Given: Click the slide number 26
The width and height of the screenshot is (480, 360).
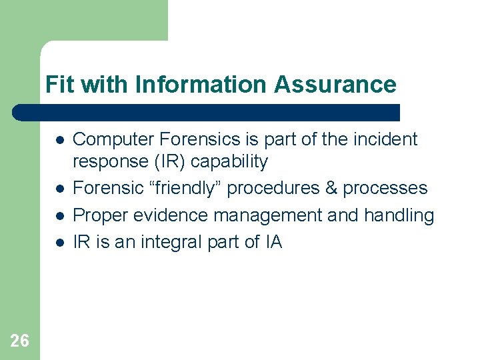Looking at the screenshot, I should [20, 341].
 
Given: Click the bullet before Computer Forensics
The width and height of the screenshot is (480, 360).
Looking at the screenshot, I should [59, 141].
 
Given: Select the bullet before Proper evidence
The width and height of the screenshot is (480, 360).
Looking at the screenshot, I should [59, 217].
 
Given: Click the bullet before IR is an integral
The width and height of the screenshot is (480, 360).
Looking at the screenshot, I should [59, 243].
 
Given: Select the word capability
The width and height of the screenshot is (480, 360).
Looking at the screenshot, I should [229, 162].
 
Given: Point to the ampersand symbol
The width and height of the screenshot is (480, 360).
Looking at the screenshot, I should [331, 189].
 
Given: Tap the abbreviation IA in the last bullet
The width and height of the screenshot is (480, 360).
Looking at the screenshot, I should [273, 242].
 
